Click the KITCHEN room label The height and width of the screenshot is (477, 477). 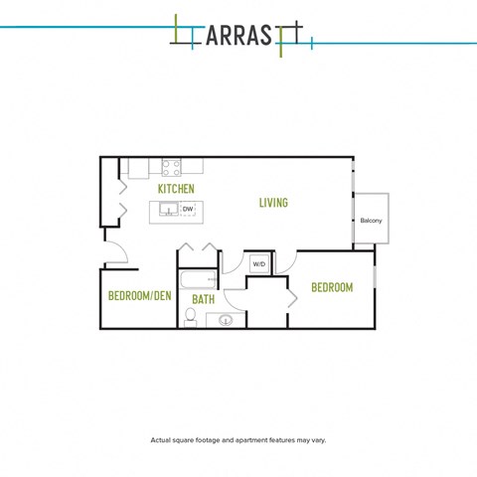point(176,188)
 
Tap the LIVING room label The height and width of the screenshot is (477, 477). point(273,203)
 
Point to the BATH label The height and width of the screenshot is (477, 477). point(203,299)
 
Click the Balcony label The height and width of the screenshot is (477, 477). point(372,221)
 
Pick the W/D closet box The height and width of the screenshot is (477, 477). point(258,264)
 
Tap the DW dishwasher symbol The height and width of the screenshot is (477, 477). point(188,209)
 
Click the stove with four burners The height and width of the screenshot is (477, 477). point(171,168)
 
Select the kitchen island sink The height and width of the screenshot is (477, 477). point(168,209)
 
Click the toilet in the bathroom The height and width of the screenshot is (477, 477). point(190,318)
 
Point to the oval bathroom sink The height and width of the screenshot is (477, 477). point(226,320)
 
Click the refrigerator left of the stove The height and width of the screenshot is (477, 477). point(138,168)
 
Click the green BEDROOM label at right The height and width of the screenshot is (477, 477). point(332,287)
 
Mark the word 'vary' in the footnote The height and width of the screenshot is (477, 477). point(318,439)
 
